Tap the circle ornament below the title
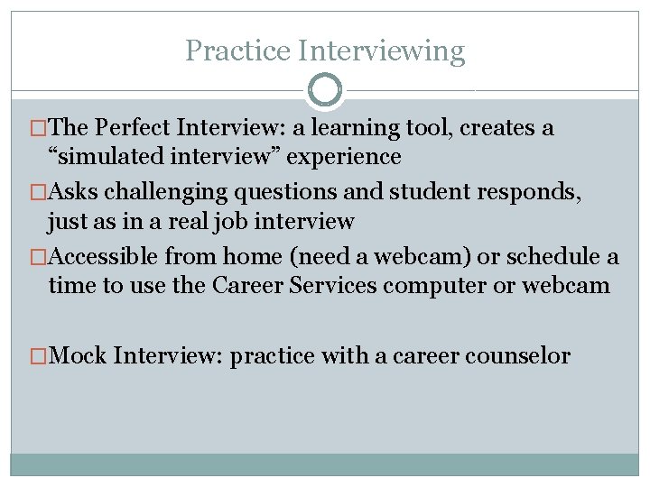[324, 90]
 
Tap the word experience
[348, 157]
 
